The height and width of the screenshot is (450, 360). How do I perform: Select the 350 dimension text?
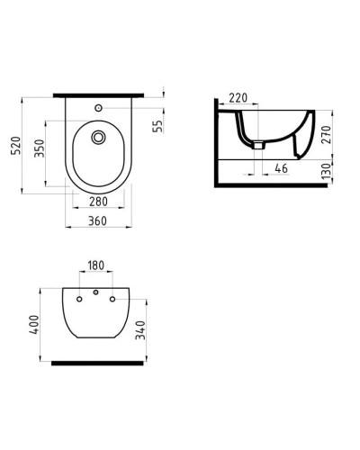(x=39, y=148)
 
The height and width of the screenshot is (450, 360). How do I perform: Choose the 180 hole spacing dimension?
(x=96, y=265)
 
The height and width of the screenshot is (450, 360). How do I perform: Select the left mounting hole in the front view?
(x=80, y=299)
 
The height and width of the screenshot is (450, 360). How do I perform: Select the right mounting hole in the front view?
(x=112, y=299)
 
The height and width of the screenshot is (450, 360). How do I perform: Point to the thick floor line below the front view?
(x=96, y=362)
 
